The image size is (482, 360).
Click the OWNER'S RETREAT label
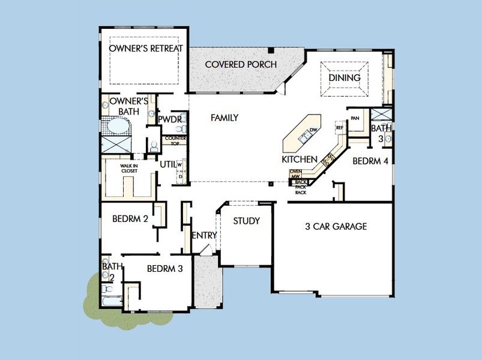click(146, 48)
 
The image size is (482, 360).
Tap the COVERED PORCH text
click(240, 64)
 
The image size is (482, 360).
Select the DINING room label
click(344, 78)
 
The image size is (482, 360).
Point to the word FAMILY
click(224, 118)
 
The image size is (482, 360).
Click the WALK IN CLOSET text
click(129, 168)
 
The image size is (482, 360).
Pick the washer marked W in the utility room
click(180, 164)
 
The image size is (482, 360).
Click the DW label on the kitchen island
click(313, 130)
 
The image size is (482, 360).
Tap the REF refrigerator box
click(339, 128)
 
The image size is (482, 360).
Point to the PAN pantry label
click(355, 118)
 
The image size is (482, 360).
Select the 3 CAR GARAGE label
click(336, 227)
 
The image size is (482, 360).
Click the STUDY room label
click(246, 221)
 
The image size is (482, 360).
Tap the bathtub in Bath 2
click(112, 302)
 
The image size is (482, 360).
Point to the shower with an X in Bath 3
click(381, 115)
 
